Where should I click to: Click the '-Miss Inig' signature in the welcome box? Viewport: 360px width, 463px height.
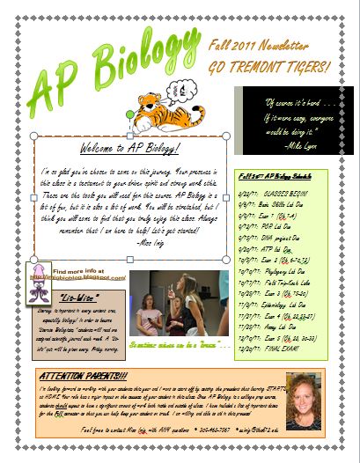coord(133,241)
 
